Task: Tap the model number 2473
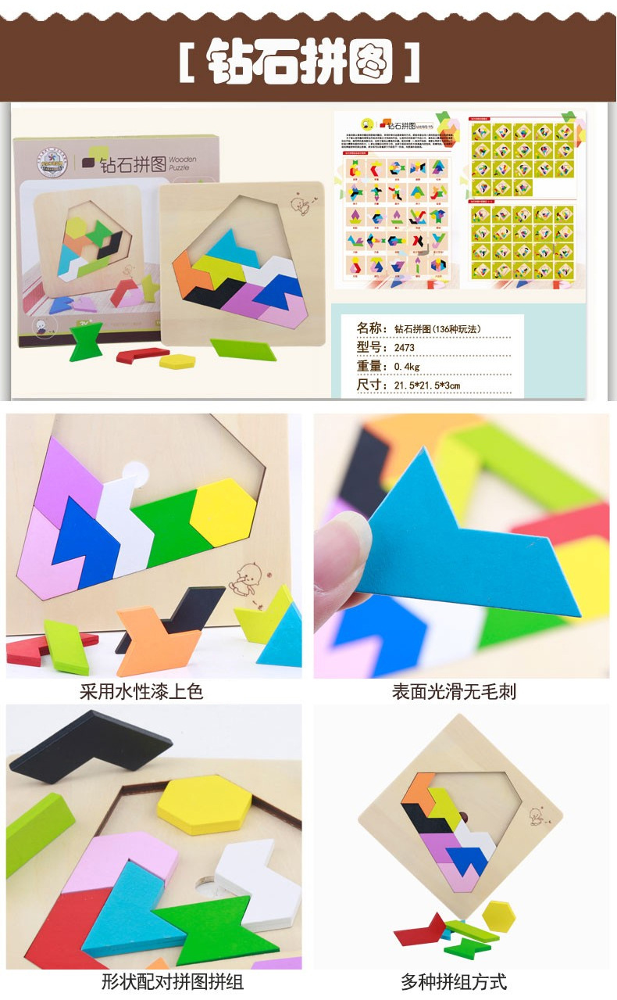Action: pos(404,347)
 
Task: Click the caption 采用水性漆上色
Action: pos(141,691)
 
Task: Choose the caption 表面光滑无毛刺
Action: pos(454,691)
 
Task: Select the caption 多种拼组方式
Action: pos(454,981)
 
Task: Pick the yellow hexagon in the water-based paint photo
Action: pos(223,511)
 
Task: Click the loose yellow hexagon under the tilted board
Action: pos(498,914)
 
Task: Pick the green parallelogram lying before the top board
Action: pos(244,349)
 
